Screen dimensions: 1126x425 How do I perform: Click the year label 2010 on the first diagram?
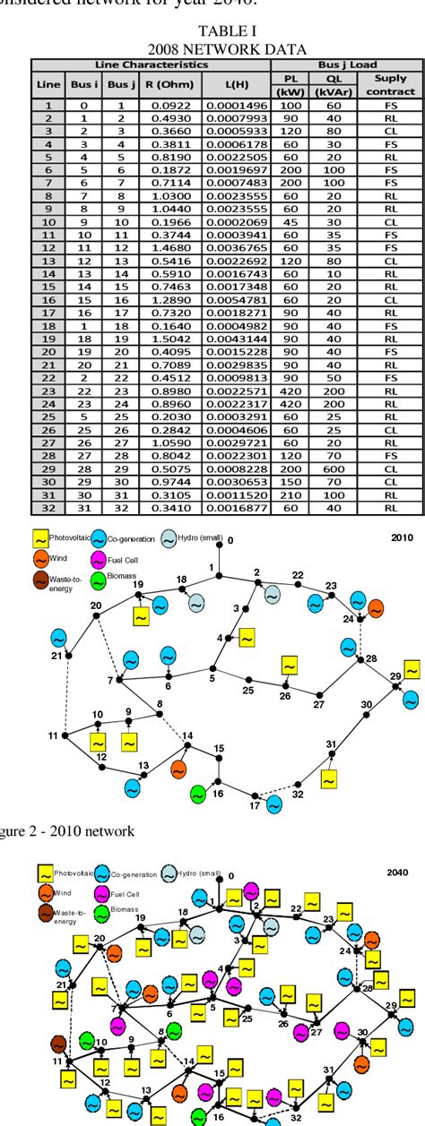click(399, 539)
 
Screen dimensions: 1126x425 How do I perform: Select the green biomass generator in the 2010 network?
click(198, 794)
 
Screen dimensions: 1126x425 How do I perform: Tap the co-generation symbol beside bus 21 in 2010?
click(58, 638)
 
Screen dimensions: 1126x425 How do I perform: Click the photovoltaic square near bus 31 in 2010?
click(329, 779)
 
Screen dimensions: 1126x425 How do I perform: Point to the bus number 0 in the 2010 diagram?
click(230, 541)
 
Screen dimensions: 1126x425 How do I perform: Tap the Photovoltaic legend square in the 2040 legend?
click(43, 872)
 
